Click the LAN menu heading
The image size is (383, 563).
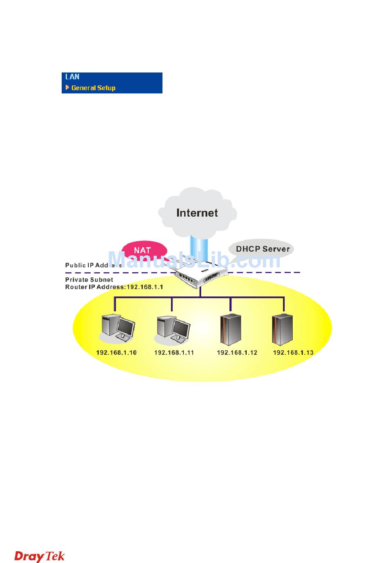(x=73, y=77)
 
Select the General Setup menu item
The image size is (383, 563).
(x=93, y=88)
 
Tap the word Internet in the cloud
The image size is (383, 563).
(x=197, y=213)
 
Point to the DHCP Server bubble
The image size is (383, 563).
(x=262, y=249)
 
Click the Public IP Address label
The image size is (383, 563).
(x=93, y=265)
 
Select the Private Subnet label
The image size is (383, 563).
(x=89, y=279)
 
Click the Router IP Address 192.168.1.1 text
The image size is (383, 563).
(x=114, y=287)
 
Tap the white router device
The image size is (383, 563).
(x=201, y=275)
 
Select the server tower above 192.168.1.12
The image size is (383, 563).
(x=231, y=329)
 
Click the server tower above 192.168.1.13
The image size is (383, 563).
(x=282, y=329)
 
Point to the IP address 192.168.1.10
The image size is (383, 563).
(x=116, y=353)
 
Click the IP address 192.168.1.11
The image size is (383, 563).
(x=174, y=353)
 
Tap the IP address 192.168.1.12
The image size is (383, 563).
(x=237, y=353)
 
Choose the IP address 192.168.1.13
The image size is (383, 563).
(x=293, y=353)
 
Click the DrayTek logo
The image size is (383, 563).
(x=40, y=556)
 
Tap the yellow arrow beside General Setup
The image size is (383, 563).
(x=67, y=87)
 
